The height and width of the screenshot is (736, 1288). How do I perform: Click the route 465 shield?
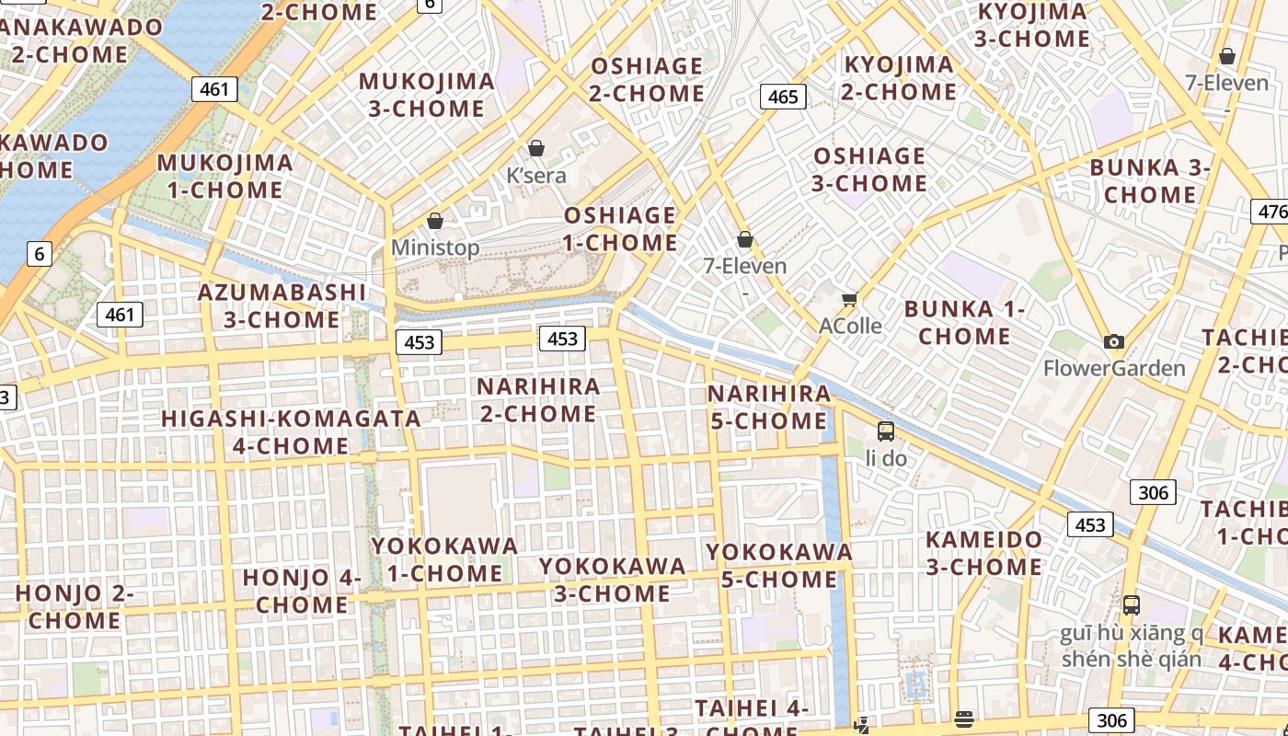(783, 97)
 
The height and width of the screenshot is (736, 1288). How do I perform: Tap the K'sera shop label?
(536, 175)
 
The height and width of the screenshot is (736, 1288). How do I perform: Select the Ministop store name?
(435, 247)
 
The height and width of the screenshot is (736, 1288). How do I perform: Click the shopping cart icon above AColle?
(849, 299)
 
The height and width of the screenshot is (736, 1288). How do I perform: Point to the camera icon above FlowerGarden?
(1114, 342)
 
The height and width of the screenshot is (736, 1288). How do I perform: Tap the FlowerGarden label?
(1114, 369)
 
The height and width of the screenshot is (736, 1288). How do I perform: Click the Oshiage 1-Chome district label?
(620, 229)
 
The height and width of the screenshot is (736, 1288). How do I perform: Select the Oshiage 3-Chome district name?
(869, 169)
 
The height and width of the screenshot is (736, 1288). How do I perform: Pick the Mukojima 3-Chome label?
(427, 95)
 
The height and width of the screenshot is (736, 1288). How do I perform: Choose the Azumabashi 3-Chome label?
(282, 305)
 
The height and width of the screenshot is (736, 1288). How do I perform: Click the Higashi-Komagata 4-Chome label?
(291, 431)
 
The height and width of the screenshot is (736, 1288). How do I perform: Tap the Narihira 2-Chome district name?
(538, 399)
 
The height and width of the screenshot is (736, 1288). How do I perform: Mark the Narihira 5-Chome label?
(769, 407)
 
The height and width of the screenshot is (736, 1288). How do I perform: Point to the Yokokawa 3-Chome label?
(613, 580)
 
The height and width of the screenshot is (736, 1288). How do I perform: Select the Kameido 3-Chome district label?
(984, 552)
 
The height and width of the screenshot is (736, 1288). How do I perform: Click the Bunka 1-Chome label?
(964, 322)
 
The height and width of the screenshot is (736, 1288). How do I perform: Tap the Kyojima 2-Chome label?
(899, 78)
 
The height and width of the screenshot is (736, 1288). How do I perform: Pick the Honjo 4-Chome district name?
(302, 591)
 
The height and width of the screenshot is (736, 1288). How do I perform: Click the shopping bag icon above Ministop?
(435, 221)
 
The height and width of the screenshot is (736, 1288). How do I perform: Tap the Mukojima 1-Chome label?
(224, 177)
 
